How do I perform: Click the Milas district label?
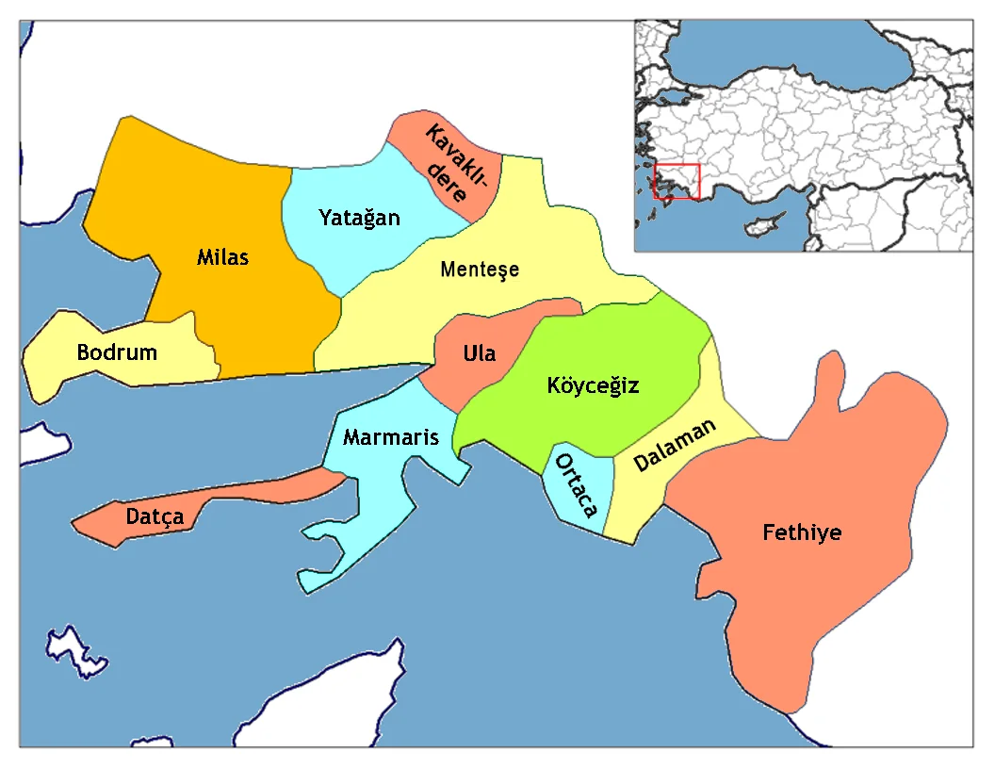click(x=223, y=256)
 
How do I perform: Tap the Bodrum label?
click(x=117, y=353)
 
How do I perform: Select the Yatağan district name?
click(x=359, y=219)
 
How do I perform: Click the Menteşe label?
click(x=480, y=270)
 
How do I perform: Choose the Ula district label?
click(x=479, y=354)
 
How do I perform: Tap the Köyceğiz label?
click(x=593, y=385)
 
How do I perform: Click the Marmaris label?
click(x=391, y=437)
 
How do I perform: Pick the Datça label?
click(x=155, y=517)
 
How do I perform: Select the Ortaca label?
click(x=577, y=485)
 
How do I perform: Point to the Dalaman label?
click(x=675, y=446)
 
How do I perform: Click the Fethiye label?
click(x=802, y=533)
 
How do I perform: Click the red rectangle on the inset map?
click(x=677, y=181)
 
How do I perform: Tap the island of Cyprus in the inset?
click(x=764, y=226)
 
